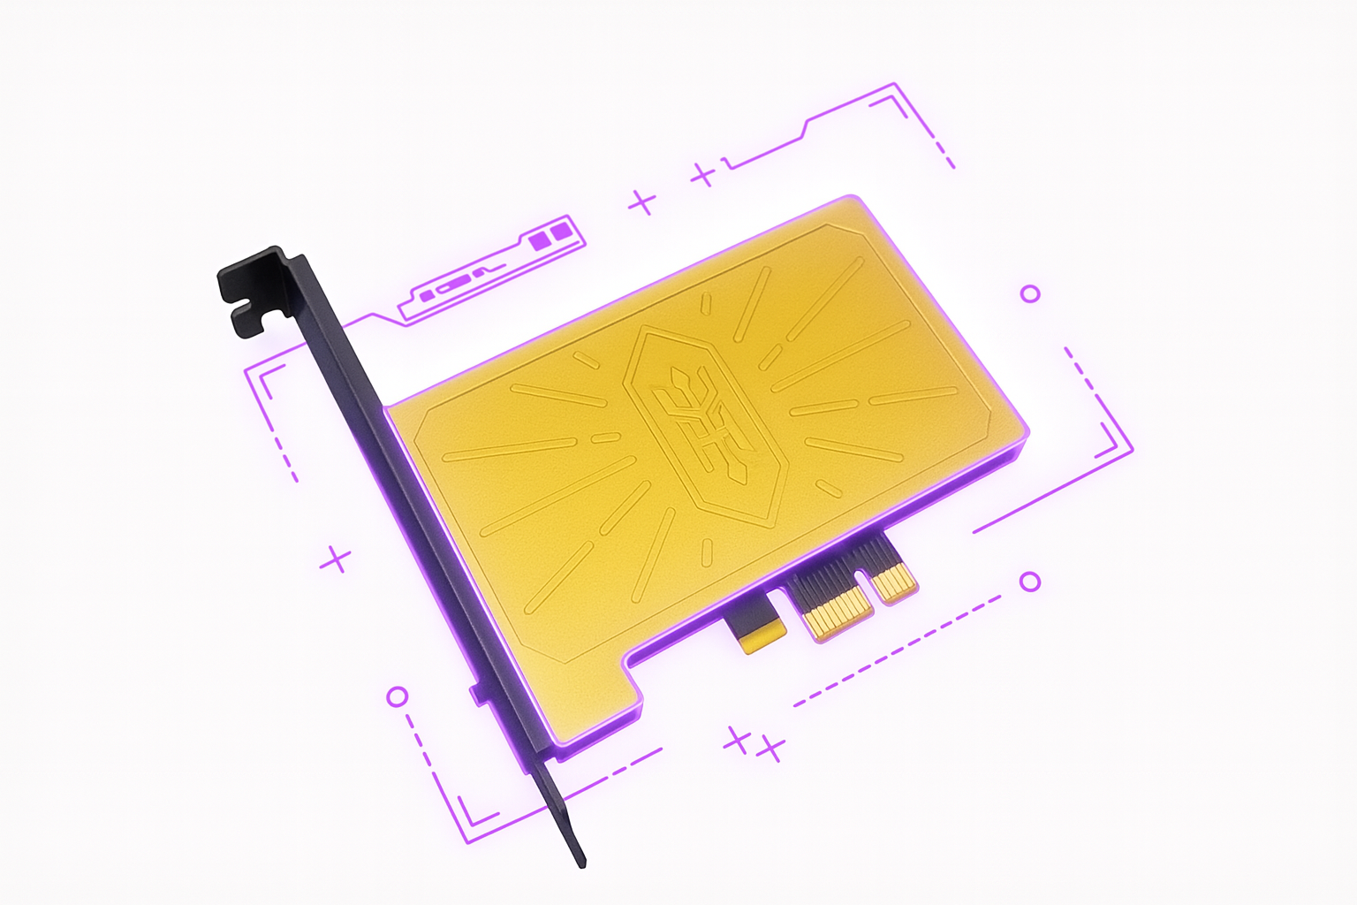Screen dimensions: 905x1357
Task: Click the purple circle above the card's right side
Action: pyautogui.click(x=1030, y=293)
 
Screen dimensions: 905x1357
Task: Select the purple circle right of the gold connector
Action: pyautogui.click(x=1030, y=581)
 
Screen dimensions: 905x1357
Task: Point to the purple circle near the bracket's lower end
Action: pyautogui.click(x=398, y=696)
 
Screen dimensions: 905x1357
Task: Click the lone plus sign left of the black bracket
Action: pyautogui.click(x=336, y=559)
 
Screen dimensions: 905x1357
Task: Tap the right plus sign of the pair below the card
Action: pyautogui.click(x=771, y=749)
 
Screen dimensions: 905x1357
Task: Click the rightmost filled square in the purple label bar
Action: pyautogui.click(x=561, y=234)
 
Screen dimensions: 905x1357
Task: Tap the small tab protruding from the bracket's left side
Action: pyautogui.click(x=476, y=693)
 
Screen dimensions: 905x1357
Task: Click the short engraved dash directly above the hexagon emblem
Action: pyautogui.click(x=706, y=305)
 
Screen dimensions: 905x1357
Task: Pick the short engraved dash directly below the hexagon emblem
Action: pyautogui.click(x=706, y=552)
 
